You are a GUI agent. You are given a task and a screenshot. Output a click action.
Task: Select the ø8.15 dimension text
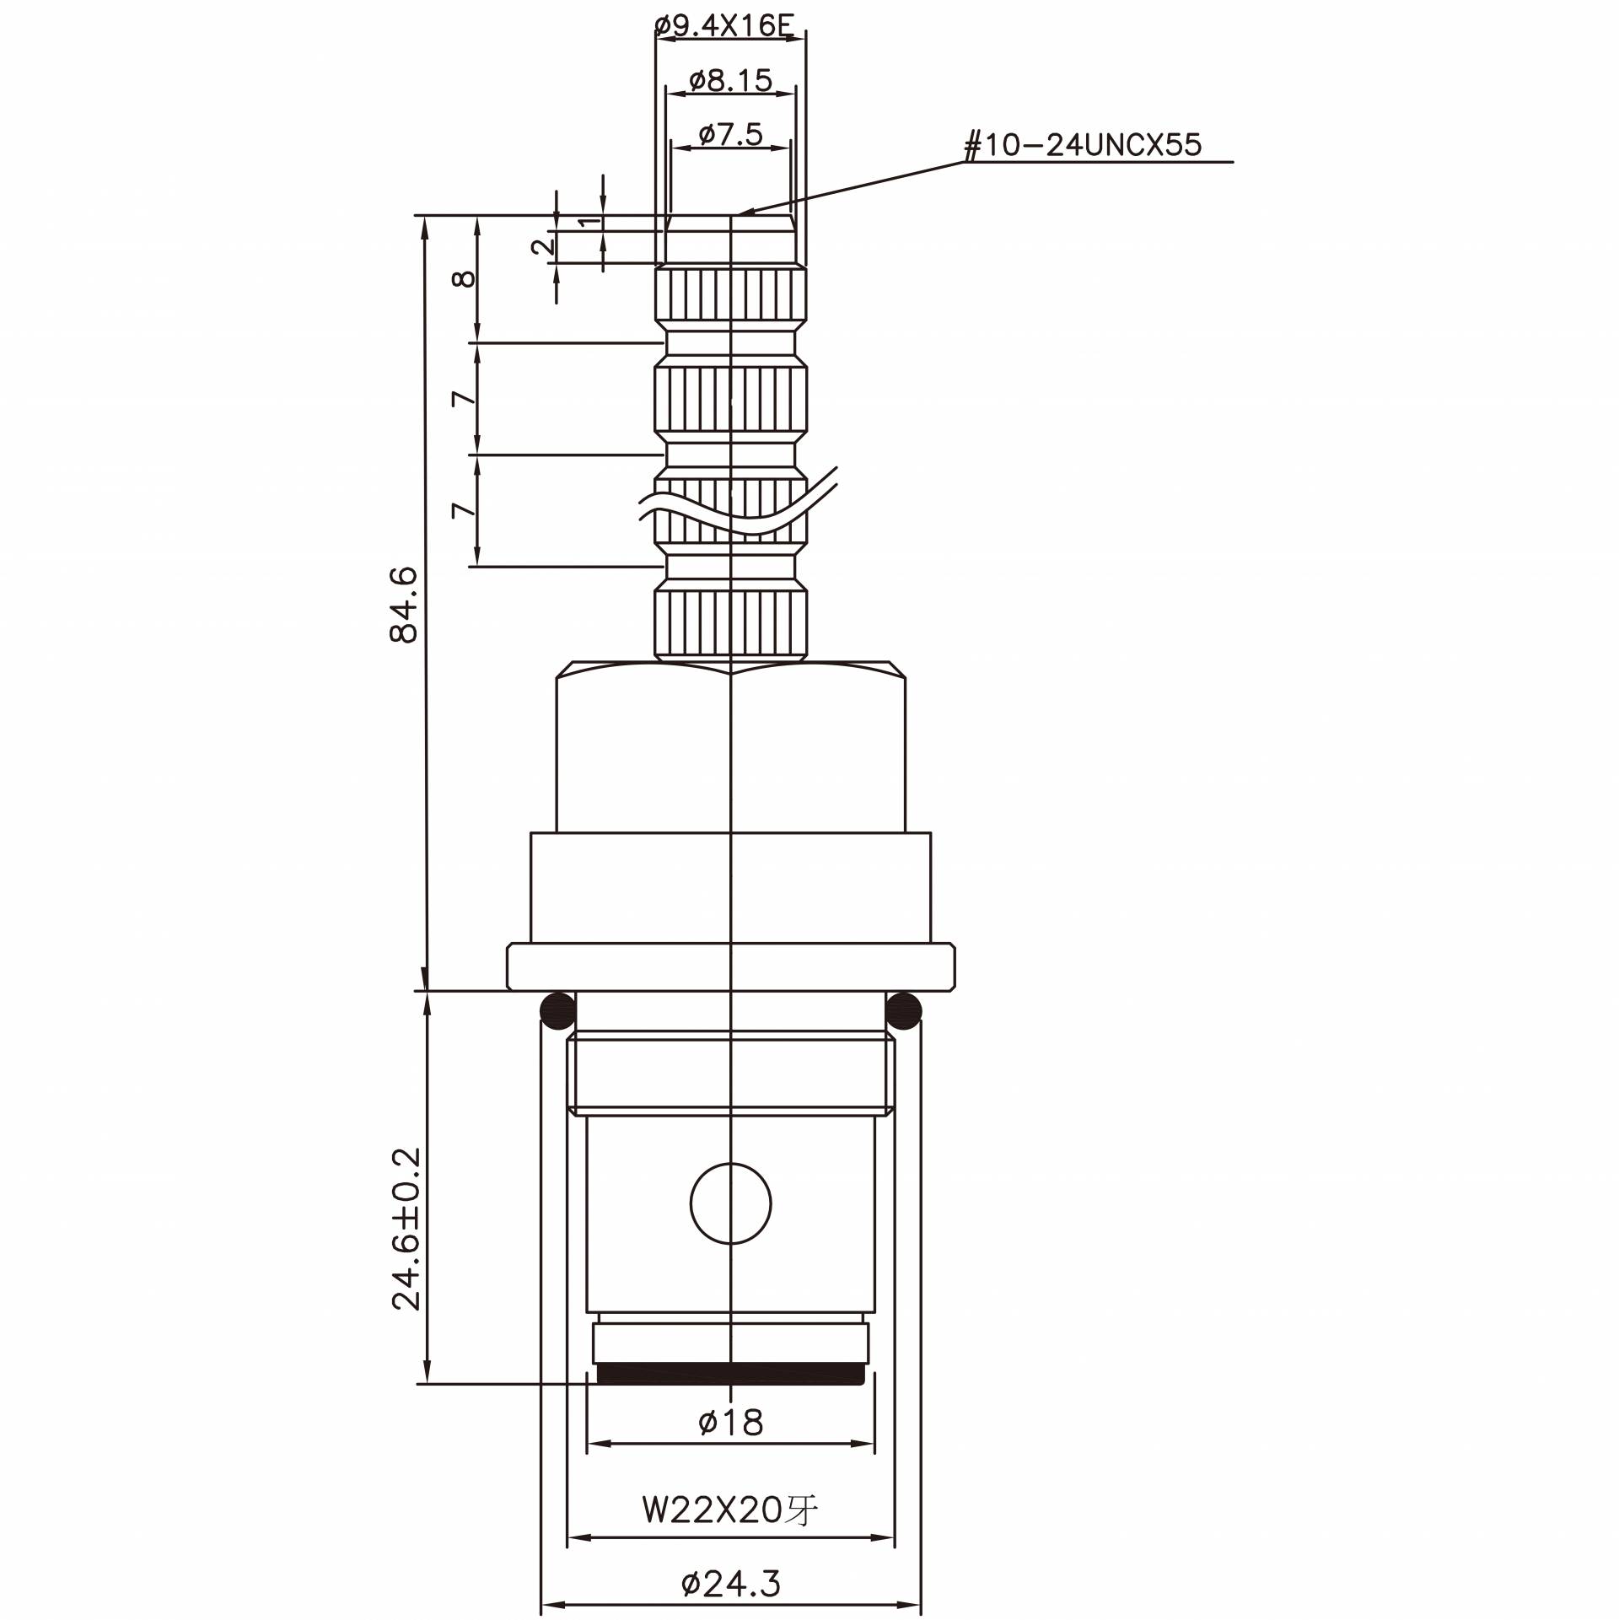point(730,81)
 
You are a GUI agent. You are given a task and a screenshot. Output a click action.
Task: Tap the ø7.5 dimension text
point(731,134)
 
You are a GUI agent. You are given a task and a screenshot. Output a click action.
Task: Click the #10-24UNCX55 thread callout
point(1083,146)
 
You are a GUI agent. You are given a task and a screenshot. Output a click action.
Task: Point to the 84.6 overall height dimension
point(405,605)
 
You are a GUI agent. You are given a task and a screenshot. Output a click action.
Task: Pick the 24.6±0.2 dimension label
point(406,1227)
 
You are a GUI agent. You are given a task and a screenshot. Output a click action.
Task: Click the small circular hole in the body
point(730,1203)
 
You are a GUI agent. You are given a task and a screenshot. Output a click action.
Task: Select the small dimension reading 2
point(544,247)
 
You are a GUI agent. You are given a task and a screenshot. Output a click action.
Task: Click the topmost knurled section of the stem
point(730,299)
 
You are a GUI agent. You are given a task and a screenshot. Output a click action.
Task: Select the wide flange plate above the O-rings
point(730,967)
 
